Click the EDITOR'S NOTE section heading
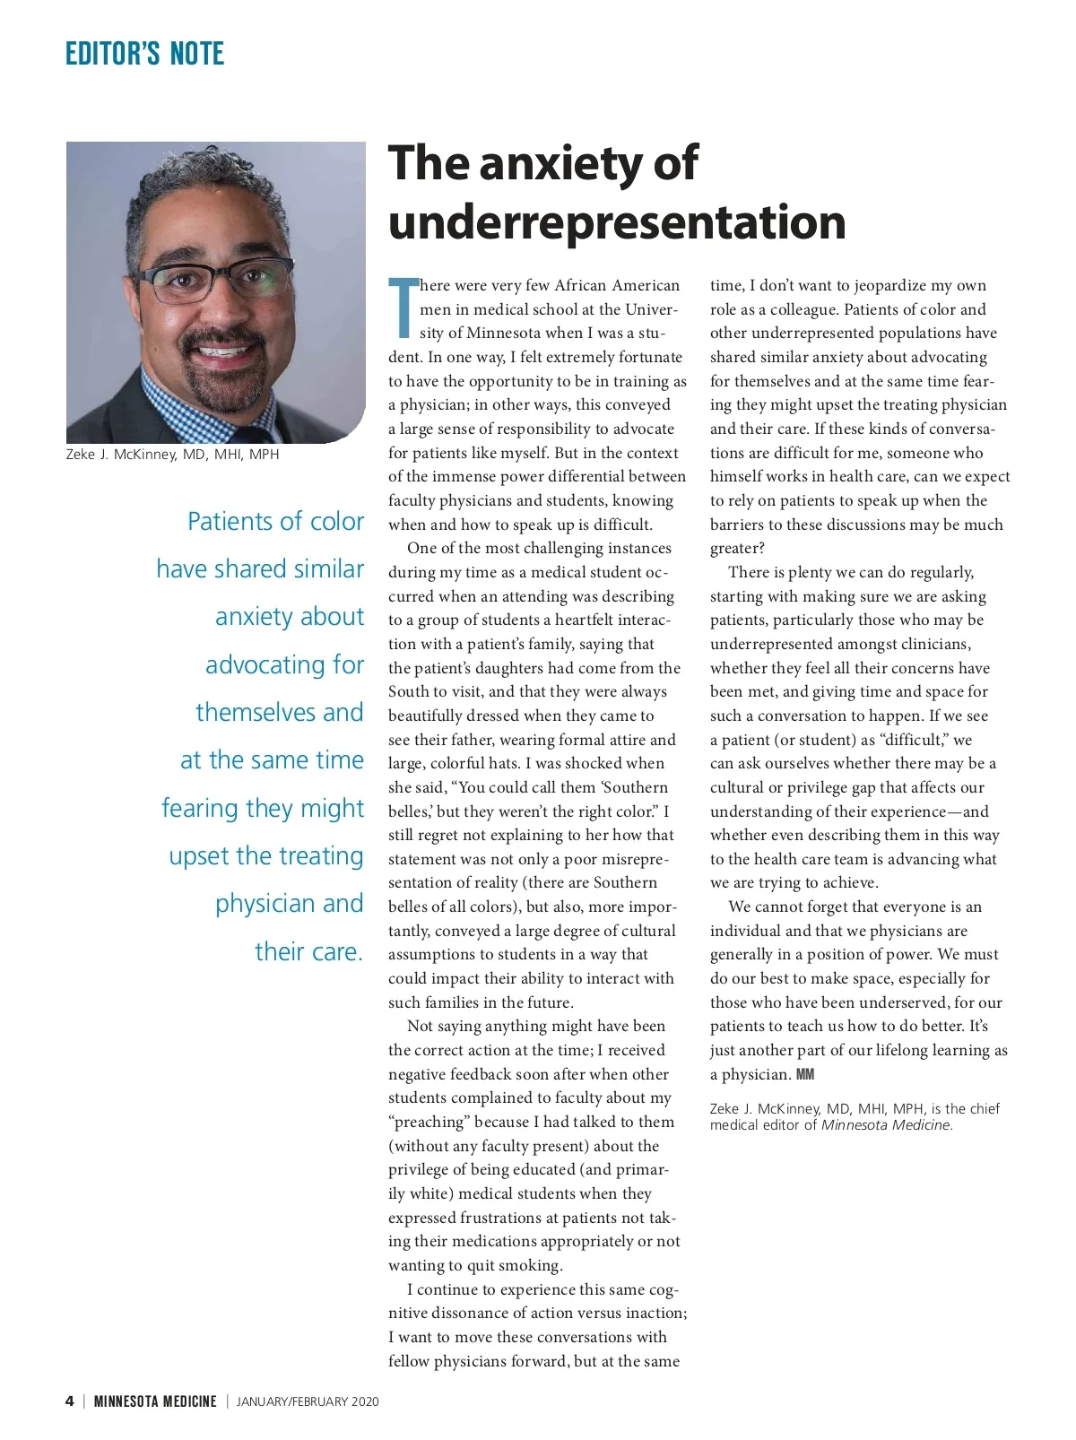(144, 55)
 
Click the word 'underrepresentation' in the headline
(617, 221)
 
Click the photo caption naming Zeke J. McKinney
(172, 455)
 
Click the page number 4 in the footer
(70, 1401)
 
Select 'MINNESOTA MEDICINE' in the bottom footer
(155, 1401)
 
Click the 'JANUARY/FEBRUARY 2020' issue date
(308, 1401)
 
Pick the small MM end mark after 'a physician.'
(805, 1074)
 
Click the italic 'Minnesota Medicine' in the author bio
(886, 1125)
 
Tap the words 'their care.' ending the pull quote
(308, 951)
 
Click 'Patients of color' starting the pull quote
(275, 521)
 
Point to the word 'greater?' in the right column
(737, 549)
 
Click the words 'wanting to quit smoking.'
(475, 1266)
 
